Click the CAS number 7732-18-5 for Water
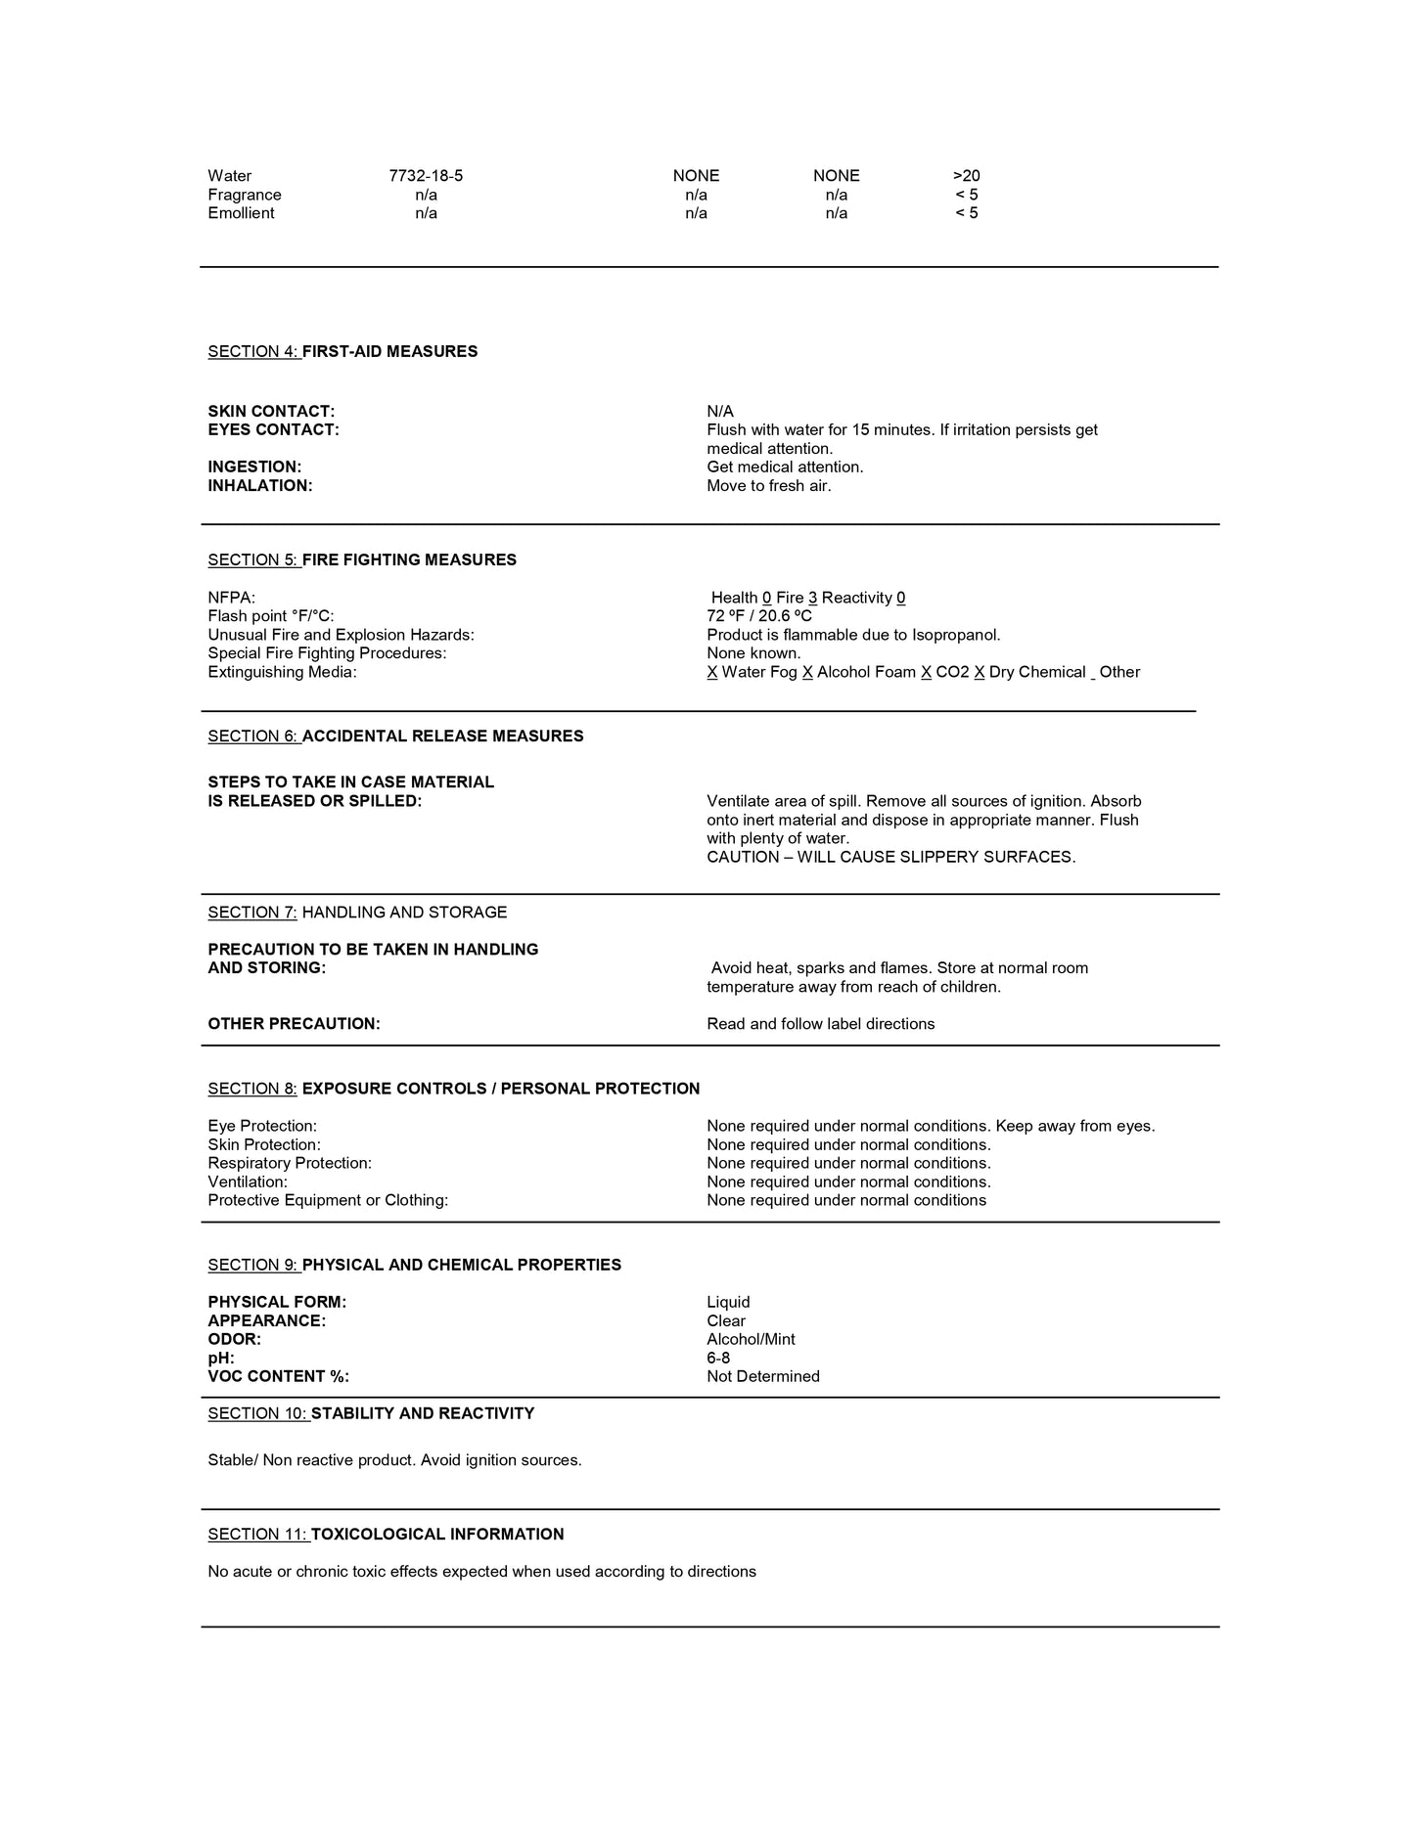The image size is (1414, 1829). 426,176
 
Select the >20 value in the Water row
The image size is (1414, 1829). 966,176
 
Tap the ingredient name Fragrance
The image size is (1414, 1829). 245,195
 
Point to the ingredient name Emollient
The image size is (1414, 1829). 241,213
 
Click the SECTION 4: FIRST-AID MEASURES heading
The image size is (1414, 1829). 342,352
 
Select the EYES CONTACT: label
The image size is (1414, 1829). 273,430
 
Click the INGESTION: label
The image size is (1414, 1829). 254,468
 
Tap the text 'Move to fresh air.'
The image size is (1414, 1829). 769,486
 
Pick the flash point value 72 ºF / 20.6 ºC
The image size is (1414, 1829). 759,616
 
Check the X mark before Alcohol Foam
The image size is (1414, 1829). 807,673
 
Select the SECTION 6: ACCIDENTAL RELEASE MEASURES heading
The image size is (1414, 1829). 395,736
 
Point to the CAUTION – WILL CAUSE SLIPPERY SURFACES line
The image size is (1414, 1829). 890,858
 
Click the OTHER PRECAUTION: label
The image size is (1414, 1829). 294,1024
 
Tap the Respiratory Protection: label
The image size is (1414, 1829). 290,1164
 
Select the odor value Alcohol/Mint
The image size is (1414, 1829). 751,1340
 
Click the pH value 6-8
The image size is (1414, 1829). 718,1359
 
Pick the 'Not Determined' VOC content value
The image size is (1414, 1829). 763,1377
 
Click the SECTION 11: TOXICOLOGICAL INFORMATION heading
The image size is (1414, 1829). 386,1535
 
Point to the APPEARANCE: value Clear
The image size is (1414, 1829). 726,1321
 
